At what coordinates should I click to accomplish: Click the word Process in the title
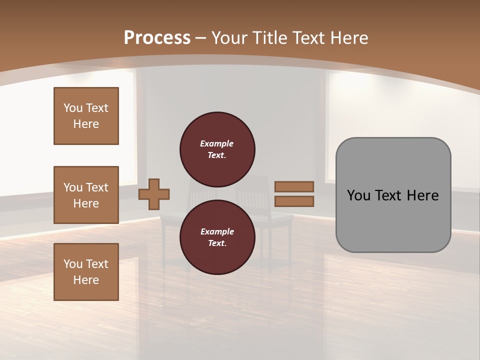coord(157,38)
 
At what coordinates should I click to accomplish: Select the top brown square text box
coord(86,116)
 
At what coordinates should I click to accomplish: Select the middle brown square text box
coord(86,195)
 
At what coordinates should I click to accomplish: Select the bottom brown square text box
coord(86,272)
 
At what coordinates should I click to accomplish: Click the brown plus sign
coord(154,194)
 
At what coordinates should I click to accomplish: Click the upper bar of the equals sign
coord(294,186)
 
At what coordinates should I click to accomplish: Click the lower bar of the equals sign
coord(294,201)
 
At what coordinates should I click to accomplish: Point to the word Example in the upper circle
coord(217,144)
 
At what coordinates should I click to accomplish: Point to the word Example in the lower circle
coord(217,232)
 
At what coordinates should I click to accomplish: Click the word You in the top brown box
coord(73,108)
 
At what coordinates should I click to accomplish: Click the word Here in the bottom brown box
coord(86,280)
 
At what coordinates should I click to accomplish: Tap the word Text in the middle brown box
coord(97,187)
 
